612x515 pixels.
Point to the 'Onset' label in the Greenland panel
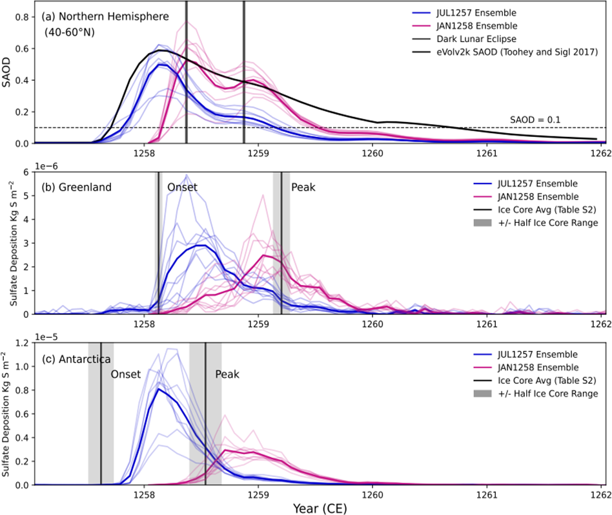[x=183, y=187]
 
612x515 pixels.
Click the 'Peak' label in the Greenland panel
[x=302, y=187]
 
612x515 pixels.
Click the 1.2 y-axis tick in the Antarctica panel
[x=23, y=342]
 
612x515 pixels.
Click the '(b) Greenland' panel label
[x=76, y=187]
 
